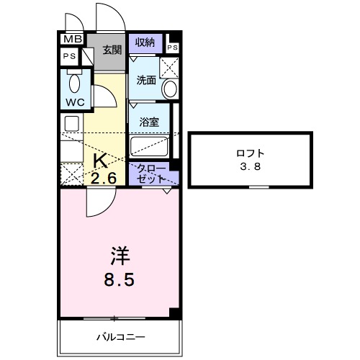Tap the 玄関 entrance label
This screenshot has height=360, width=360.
(111, 50)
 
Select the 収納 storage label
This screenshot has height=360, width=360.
(145, 43)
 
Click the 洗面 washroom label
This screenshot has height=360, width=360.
(147, 81)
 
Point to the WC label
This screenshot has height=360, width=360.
(76, 102)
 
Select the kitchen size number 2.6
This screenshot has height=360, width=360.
(104, 177)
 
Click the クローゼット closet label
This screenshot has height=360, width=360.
(150, 173)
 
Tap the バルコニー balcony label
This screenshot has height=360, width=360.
(121, 336)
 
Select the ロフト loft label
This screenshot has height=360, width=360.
(250, 153)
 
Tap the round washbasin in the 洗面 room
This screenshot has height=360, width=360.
(170, 89)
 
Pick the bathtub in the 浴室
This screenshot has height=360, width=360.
(149, 148)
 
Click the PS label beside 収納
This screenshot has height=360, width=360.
(172, 48)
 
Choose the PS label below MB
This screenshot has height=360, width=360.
(69, 56)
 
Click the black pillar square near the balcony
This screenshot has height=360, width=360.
(174, 312)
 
